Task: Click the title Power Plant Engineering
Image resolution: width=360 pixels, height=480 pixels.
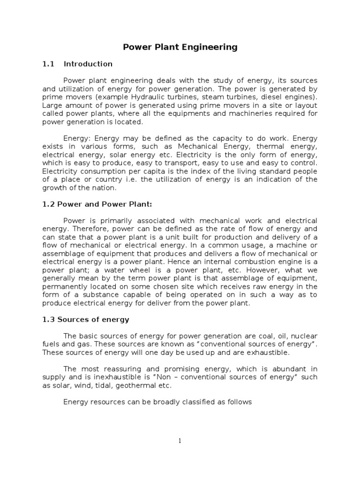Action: click(x=180, y=47)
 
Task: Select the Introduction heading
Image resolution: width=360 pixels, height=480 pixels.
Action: click(x=88, y=64)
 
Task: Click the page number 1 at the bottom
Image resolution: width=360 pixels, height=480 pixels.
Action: click(x=180, y=441)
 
